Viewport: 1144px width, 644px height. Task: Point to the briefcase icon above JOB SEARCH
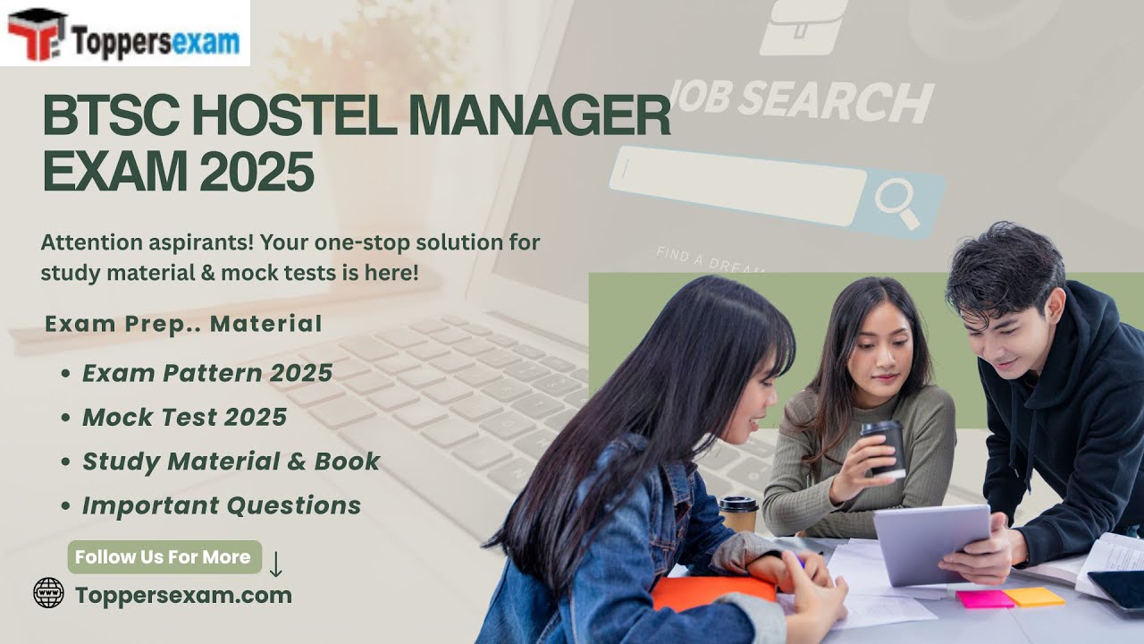(803, 27)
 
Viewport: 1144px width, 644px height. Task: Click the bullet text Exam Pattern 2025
(207, 373)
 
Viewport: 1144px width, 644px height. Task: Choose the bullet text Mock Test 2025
(184, 417)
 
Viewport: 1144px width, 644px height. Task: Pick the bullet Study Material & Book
(231, 462)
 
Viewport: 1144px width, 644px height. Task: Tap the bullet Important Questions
(222, 505)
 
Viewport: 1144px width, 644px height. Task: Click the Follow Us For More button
(163, 556)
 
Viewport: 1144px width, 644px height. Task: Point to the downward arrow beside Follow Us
(276, 564)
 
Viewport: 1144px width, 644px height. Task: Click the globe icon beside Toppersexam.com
(48, 592)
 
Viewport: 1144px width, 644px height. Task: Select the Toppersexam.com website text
(183, 595)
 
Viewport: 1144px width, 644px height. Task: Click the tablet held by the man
(931, 543)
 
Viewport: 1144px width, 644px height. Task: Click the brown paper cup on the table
(738, 515)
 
